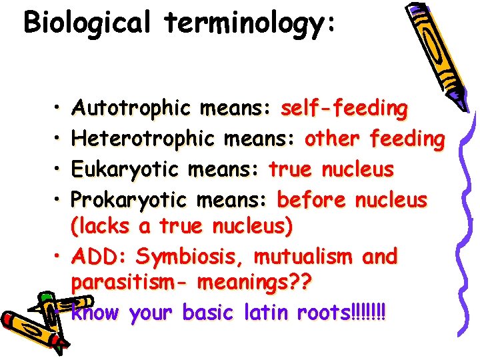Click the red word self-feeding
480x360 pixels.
pos(344,109)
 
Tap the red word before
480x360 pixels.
pos(311,200)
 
